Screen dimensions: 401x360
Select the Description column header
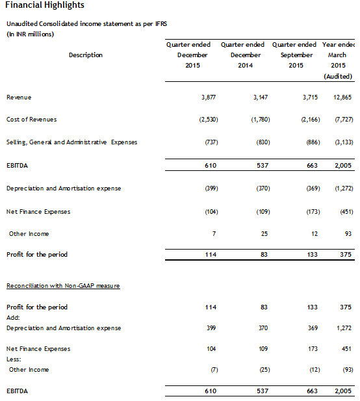point(86,55)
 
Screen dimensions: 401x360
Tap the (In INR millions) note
point(30,34)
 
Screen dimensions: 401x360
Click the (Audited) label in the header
point(338,77)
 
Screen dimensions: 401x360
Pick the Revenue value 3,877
point(209,97)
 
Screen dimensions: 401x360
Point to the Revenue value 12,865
point(342,97)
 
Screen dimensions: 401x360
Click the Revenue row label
point(19,97)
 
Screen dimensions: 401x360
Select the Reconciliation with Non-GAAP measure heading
point(63,286)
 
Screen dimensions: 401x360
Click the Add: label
point(13,318)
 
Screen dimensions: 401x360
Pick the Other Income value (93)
point(346,370)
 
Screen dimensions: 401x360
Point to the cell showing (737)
point(211,142)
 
